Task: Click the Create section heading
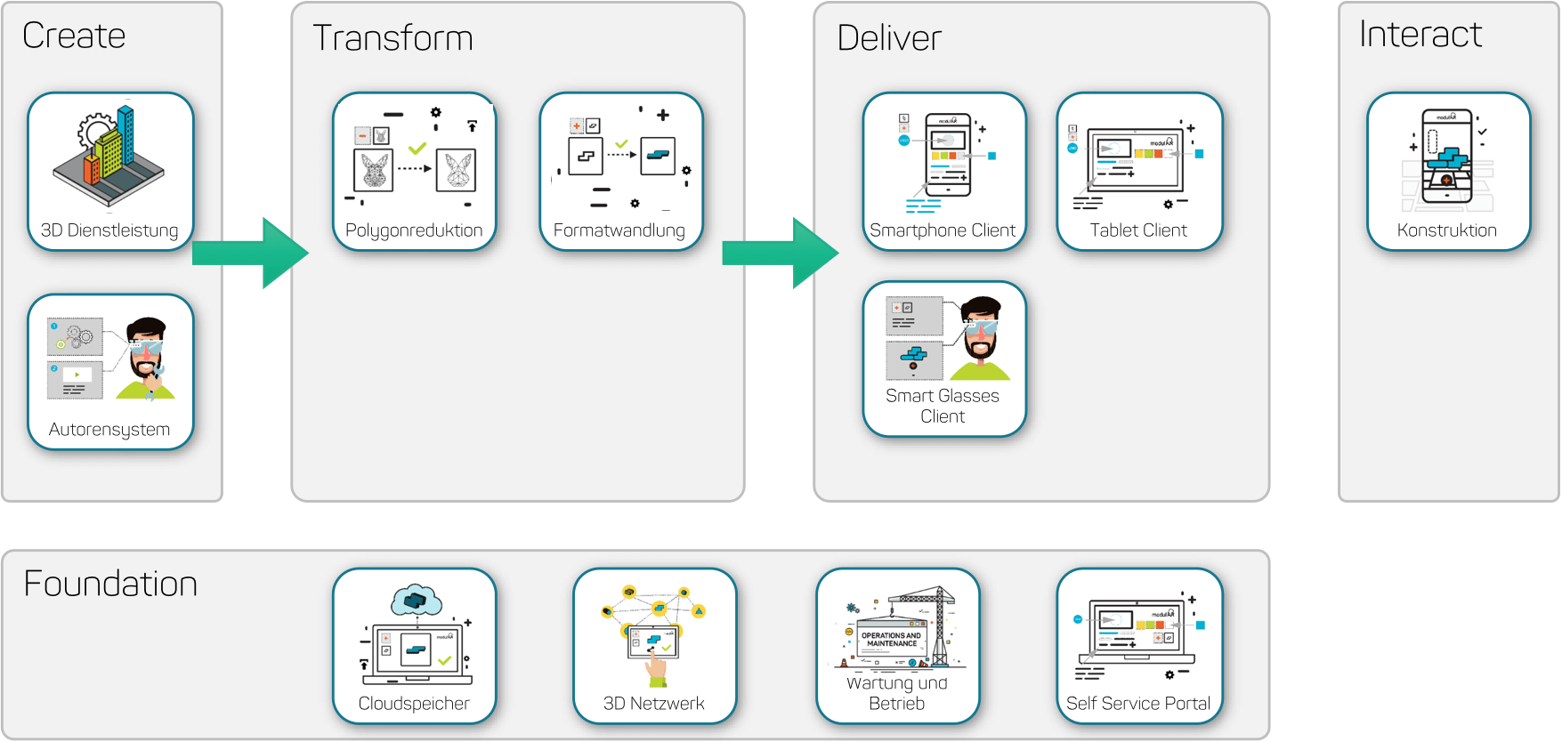click(74, 36)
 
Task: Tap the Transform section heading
click(393, 38)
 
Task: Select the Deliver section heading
click(889, 38)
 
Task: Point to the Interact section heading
click(1420, 35)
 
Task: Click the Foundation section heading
click(110, 584)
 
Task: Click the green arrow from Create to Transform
click(252, 253)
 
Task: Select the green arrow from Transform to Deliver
click(781, 253)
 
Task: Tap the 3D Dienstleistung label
click(109, 230)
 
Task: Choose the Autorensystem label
click(109, 430)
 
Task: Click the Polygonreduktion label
click(414, 230)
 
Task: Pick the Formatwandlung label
click(619, 230)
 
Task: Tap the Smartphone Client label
click(943, 230)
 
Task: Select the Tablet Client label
click(1138, 230)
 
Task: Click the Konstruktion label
click(1447, 230)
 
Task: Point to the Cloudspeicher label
click(414, 704)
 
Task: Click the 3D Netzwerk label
click(654, 704)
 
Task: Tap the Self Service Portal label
click(1138, 704)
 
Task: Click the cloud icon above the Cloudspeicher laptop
click(416, 601)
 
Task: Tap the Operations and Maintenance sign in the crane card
click(892, 640)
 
